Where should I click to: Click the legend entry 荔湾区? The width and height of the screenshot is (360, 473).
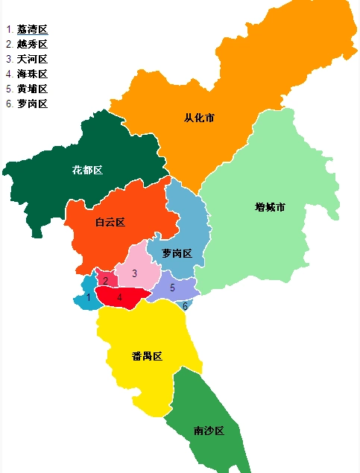(32, 30)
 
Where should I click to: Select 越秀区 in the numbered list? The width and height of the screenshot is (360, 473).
(32, 45)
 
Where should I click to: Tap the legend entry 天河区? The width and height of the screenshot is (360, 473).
(32, 60)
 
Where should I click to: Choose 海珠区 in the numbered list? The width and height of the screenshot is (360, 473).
(32, 74)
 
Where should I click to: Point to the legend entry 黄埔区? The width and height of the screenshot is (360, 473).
(32, 89)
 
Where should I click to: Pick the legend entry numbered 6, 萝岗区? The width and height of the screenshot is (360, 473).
(32, 104)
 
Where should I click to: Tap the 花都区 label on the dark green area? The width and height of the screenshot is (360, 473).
(87, 170)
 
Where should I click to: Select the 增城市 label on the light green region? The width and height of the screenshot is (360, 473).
(270, 207)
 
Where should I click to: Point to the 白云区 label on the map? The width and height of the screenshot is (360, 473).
(110, 222)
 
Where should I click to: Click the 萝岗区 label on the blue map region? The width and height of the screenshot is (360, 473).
(177, 254)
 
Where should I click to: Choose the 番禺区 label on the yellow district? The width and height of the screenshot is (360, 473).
(147, 356)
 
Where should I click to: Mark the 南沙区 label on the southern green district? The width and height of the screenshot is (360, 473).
(209, 431)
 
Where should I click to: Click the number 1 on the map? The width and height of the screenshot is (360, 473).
(88, 298)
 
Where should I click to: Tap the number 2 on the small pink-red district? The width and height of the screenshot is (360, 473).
(106, 281)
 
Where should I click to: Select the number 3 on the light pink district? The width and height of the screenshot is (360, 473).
(134, 273)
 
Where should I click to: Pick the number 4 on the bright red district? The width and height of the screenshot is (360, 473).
(119, 297)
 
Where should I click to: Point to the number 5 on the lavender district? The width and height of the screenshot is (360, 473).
(172, 288)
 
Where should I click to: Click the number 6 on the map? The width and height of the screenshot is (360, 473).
(185, 306)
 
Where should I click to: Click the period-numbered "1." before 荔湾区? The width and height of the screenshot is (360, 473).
(9, 30)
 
